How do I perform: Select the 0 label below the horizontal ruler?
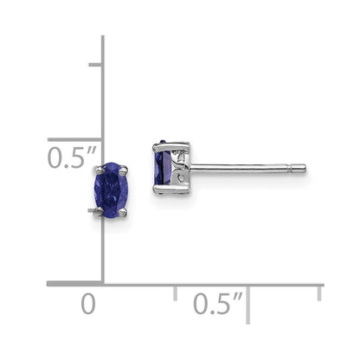(87, 305)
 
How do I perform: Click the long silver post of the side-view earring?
(247, 168)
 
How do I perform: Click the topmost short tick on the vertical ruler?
(94, 65)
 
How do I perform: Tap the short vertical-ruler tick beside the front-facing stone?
(94, 210)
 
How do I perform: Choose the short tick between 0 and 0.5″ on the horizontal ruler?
(176, 292)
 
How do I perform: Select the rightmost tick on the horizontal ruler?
(321, 292)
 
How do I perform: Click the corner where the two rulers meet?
(102, 283)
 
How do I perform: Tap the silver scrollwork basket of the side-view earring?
(180, 165)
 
